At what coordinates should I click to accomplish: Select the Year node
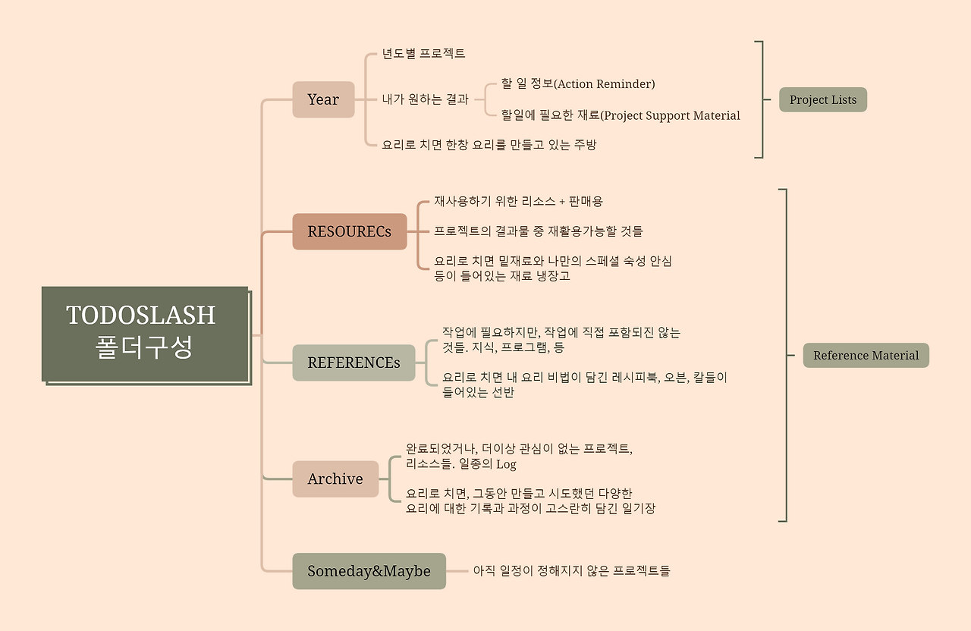(x=323, y=99)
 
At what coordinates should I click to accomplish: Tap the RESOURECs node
(x=350, y=231)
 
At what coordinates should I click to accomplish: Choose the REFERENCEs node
(x=354, y=363)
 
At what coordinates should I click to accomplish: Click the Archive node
(x=335, y=479)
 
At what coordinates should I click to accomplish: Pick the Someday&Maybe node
(x=369, y=571)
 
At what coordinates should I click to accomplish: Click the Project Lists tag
(x=822, y=99)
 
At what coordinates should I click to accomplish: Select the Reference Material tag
(x=866, y=355)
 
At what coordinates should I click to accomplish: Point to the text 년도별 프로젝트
(x=423, y=54)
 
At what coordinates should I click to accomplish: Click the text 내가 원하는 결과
(x=425, y=99)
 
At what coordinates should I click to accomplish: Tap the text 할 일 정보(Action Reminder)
(x=578, y=84)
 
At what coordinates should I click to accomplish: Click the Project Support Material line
(x=621, y=115)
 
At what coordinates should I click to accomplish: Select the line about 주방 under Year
(x=489, y=144)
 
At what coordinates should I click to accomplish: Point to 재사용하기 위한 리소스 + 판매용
(x=518, y=201)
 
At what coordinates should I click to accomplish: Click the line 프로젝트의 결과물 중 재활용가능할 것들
(x=539, y=231)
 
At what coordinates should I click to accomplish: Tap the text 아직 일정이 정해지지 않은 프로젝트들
(x=571, y=570)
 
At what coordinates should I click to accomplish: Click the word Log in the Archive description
(x=506, y=464)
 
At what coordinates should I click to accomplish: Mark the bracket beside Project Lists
(x=761, y=99)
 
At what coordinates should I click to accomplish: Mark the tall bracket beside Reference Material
(x=785, y=355)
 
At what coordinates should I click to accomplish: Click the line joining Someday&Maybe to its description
(x=457, y=571)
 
